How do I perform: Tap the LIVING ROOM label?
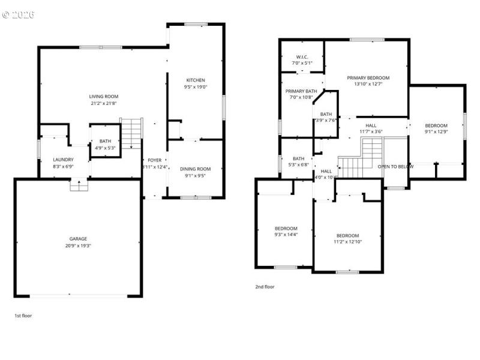[x=104, y=97]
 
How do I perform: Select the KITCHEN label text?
[x=196, y=80]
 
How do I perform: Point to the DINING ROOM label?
[x=196, y=169]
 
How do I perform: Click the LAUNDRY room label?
[x=63, y=160]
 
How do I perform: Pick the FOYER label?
[x=155, y=160]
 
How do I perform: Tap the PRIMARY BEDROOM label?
[x=368, y=78]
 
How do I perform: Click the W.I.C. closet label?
[x=302, y=57]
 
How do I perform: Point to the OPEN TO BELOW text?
[x=395, y=166]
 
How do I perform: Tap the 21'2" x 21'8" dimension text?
[x=104, y=103]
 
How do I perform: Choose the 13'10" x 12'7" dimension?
[x=368, y=85]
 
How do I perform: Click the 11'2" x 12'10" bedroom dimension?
[x=347, y=242]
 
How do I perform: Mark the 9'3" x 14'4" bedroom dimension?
[x=286, y=235]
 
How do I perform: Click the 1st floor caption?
[x=23, y=315]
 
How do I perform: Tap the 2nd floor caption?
[x=265, y=287]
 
